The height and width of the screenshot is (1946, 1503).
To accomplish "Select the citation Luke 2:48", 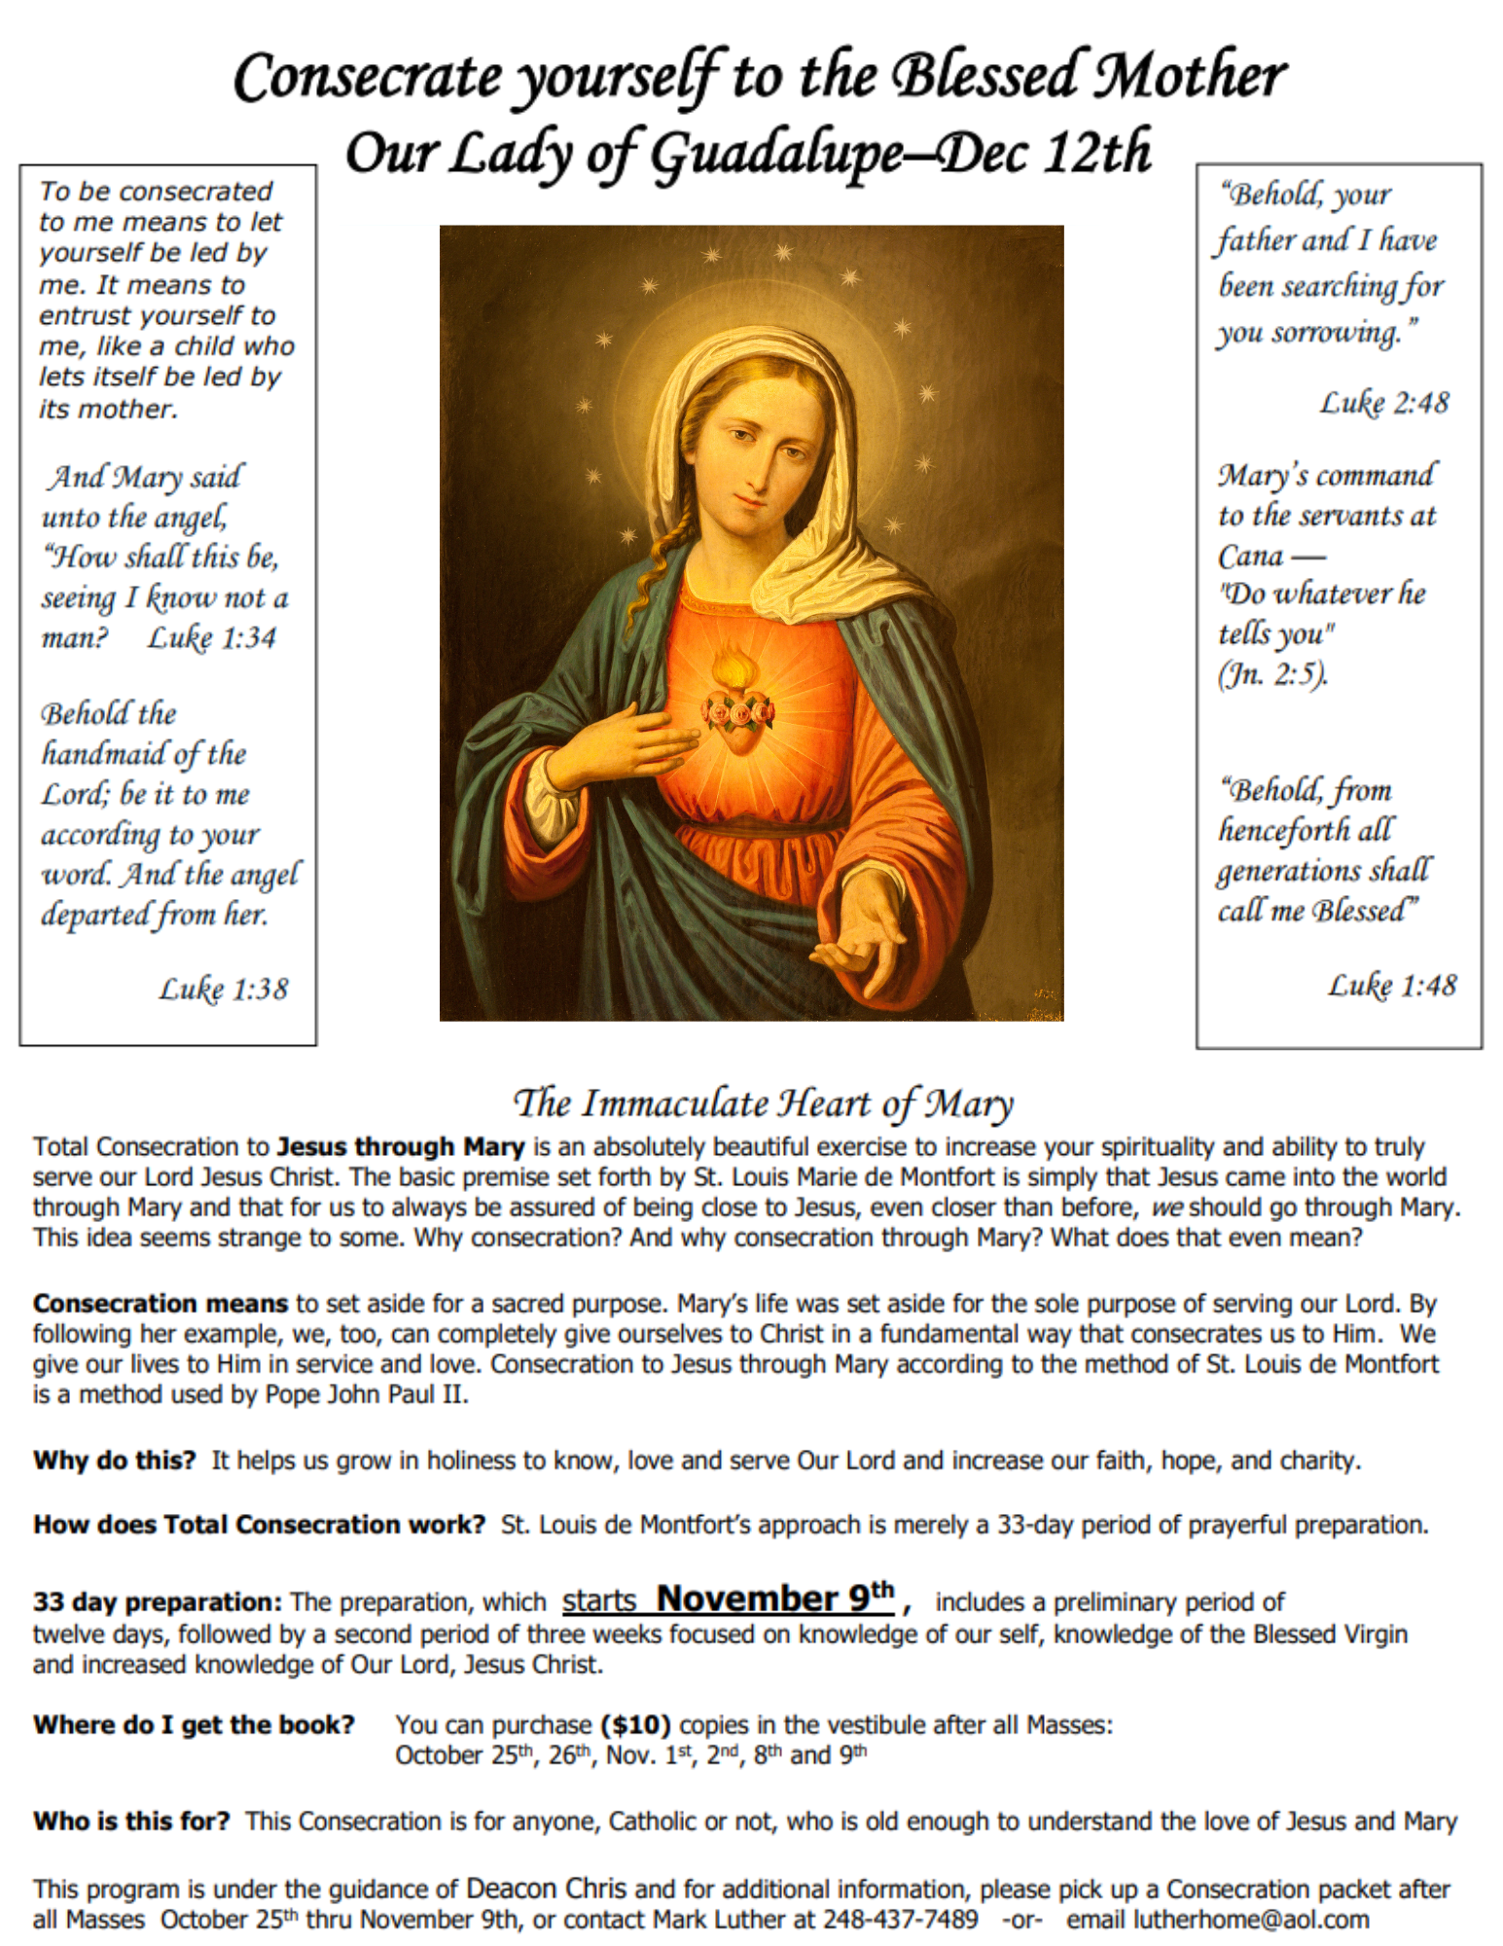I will click(x=1383, y=403).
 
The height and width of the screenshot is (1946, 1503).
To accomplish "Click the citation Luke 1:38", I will click(x=224, y=989).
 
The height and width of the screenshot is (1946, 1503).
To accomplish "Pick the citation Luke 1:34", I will click(x=212, y=638).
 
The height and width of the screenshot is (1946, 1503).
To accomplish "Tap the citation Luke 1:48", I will click(x=1392, y=986).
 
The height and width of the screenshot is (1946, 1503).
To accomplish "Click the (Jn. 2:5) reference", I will click(x=1272, y=673).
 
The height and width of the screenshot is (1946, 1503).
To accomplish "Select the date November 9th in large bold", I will click(x=775, y=1599).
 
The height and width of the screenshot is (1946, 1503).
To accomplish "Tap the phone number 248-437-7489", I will click(x=901, y=1920).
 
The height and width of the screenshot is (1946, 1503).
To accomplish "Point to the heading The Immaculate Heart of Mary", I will click(x=763, y=1103).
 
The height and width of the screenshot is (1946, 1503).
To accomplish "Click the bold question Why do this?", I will click(x=115, y=1460).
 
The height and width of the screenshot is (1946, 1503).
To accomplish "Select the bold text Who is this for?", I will click(x=131, y=1821).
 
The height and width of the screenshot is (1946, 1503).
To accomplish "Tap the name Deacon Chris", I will click(x=546, y=1889).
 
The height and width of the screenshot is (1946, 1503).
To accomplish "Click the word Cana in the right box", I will click(x=1251, y=556).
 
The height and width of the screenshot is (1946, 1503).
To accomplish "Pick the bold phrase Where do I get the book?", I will click(x=194, y=1725).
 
